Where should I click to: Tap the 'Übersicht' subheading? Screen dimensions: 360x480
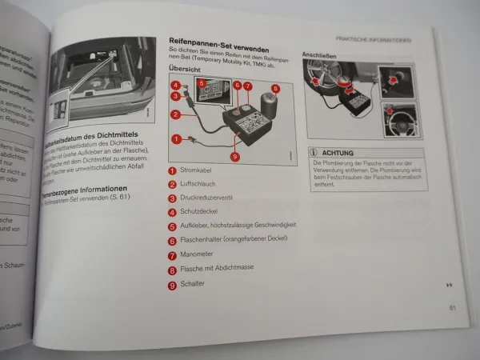tap(183, 69)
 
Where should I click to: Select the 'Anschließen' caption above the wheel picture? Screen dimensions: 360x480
tap(318, 56)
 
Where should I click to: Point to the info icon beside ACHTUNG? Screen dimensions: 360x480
tap(314, 151)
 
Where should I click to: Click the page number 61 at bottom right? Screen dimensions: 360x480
tap(452, 306)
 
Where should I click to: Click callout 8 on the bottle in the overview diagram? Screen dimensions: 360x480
tap(274, 89)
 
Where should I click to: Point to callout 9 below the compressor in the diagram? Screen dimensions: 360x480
tap(234, 156)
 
